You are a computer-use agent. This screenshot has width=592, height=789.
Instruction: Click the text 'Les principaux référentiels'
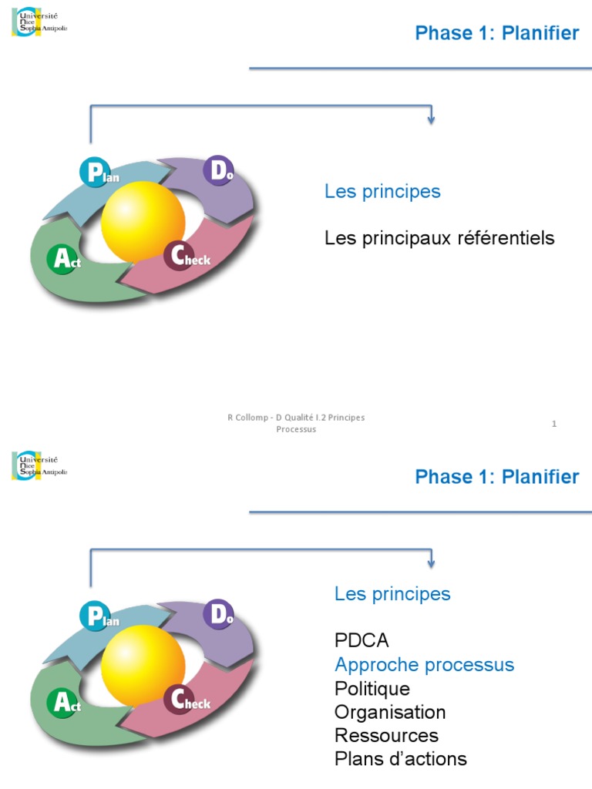click(439, 238)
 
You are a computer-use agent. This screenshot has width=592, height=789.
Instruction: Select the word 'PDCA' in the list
click(362, 640)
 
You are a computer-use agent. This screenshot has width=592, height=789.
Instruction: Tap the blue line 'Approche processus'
click(424, 664)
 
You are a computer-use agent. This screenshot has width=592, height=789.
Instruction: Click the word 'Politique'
click(372, 688)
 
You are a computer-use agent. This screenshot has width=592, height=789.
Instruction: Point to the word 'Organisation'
click(390, 712)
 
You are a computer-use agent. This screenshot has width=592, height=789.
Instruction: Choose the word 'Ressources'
click(386, 735)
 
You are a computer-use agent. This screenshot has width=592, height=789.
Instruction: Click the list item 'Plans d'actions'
click(400, 759)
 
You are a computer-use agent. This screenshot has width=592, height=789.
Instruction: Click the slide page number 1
click(554, 424)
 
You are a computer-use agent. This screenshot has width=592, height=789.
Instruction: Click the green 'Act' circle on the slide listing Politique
click(63, 702)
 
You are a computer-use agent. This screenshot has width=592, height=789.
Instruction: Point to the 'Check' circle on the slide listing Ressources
click(180, 699)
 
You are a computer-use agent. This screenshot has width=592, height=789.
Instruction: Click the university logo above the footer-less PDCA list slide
click(40, 465)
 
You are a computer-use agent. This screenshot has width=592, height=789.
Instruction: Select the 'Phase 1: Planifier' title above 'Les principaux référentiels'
click(496, 33)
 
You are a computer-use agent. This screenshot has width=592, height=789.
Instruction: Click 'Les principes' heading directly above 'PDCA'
click(392, 593)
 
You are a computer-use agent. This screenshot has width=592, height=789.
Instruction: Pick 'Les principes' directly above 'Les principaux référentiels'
click(382, 191)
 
